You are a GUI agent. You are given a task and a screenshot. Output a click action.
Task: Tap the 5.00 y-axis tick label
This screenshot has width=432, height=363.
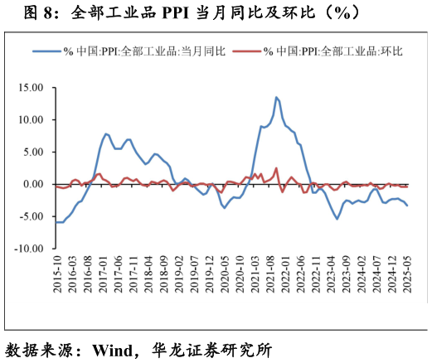(32, 152)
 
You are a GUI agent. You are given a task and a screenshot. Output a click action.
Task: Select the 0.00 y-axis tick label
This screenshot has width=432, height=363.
(32, 184)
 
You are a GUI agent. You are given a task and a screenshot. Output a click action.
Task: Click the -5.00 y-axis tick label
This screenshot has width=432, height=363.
(31, 216)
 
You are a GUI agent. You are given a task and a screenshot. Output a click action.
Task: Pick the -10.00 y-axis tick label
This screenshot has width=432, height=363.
(29, 249)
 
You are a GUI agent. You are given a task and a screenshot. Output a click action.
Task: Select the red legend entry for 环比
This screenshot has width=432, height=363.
(332, 51)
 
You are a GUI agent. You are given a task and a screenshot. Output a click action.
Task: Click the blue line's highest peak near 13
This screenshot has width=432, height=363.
(276, 98)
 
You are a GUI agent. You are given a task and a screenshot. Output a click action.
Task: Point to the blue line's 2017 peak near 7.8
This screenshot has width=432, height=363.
(105, 133)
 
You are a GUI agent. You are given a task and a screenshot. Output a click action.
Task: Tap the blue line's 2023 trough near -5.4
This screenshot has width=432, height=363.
(337, 219)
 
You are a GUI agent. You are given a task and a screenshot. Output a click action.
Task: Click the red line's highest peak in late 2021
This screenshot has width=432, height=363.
(276, 168)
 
